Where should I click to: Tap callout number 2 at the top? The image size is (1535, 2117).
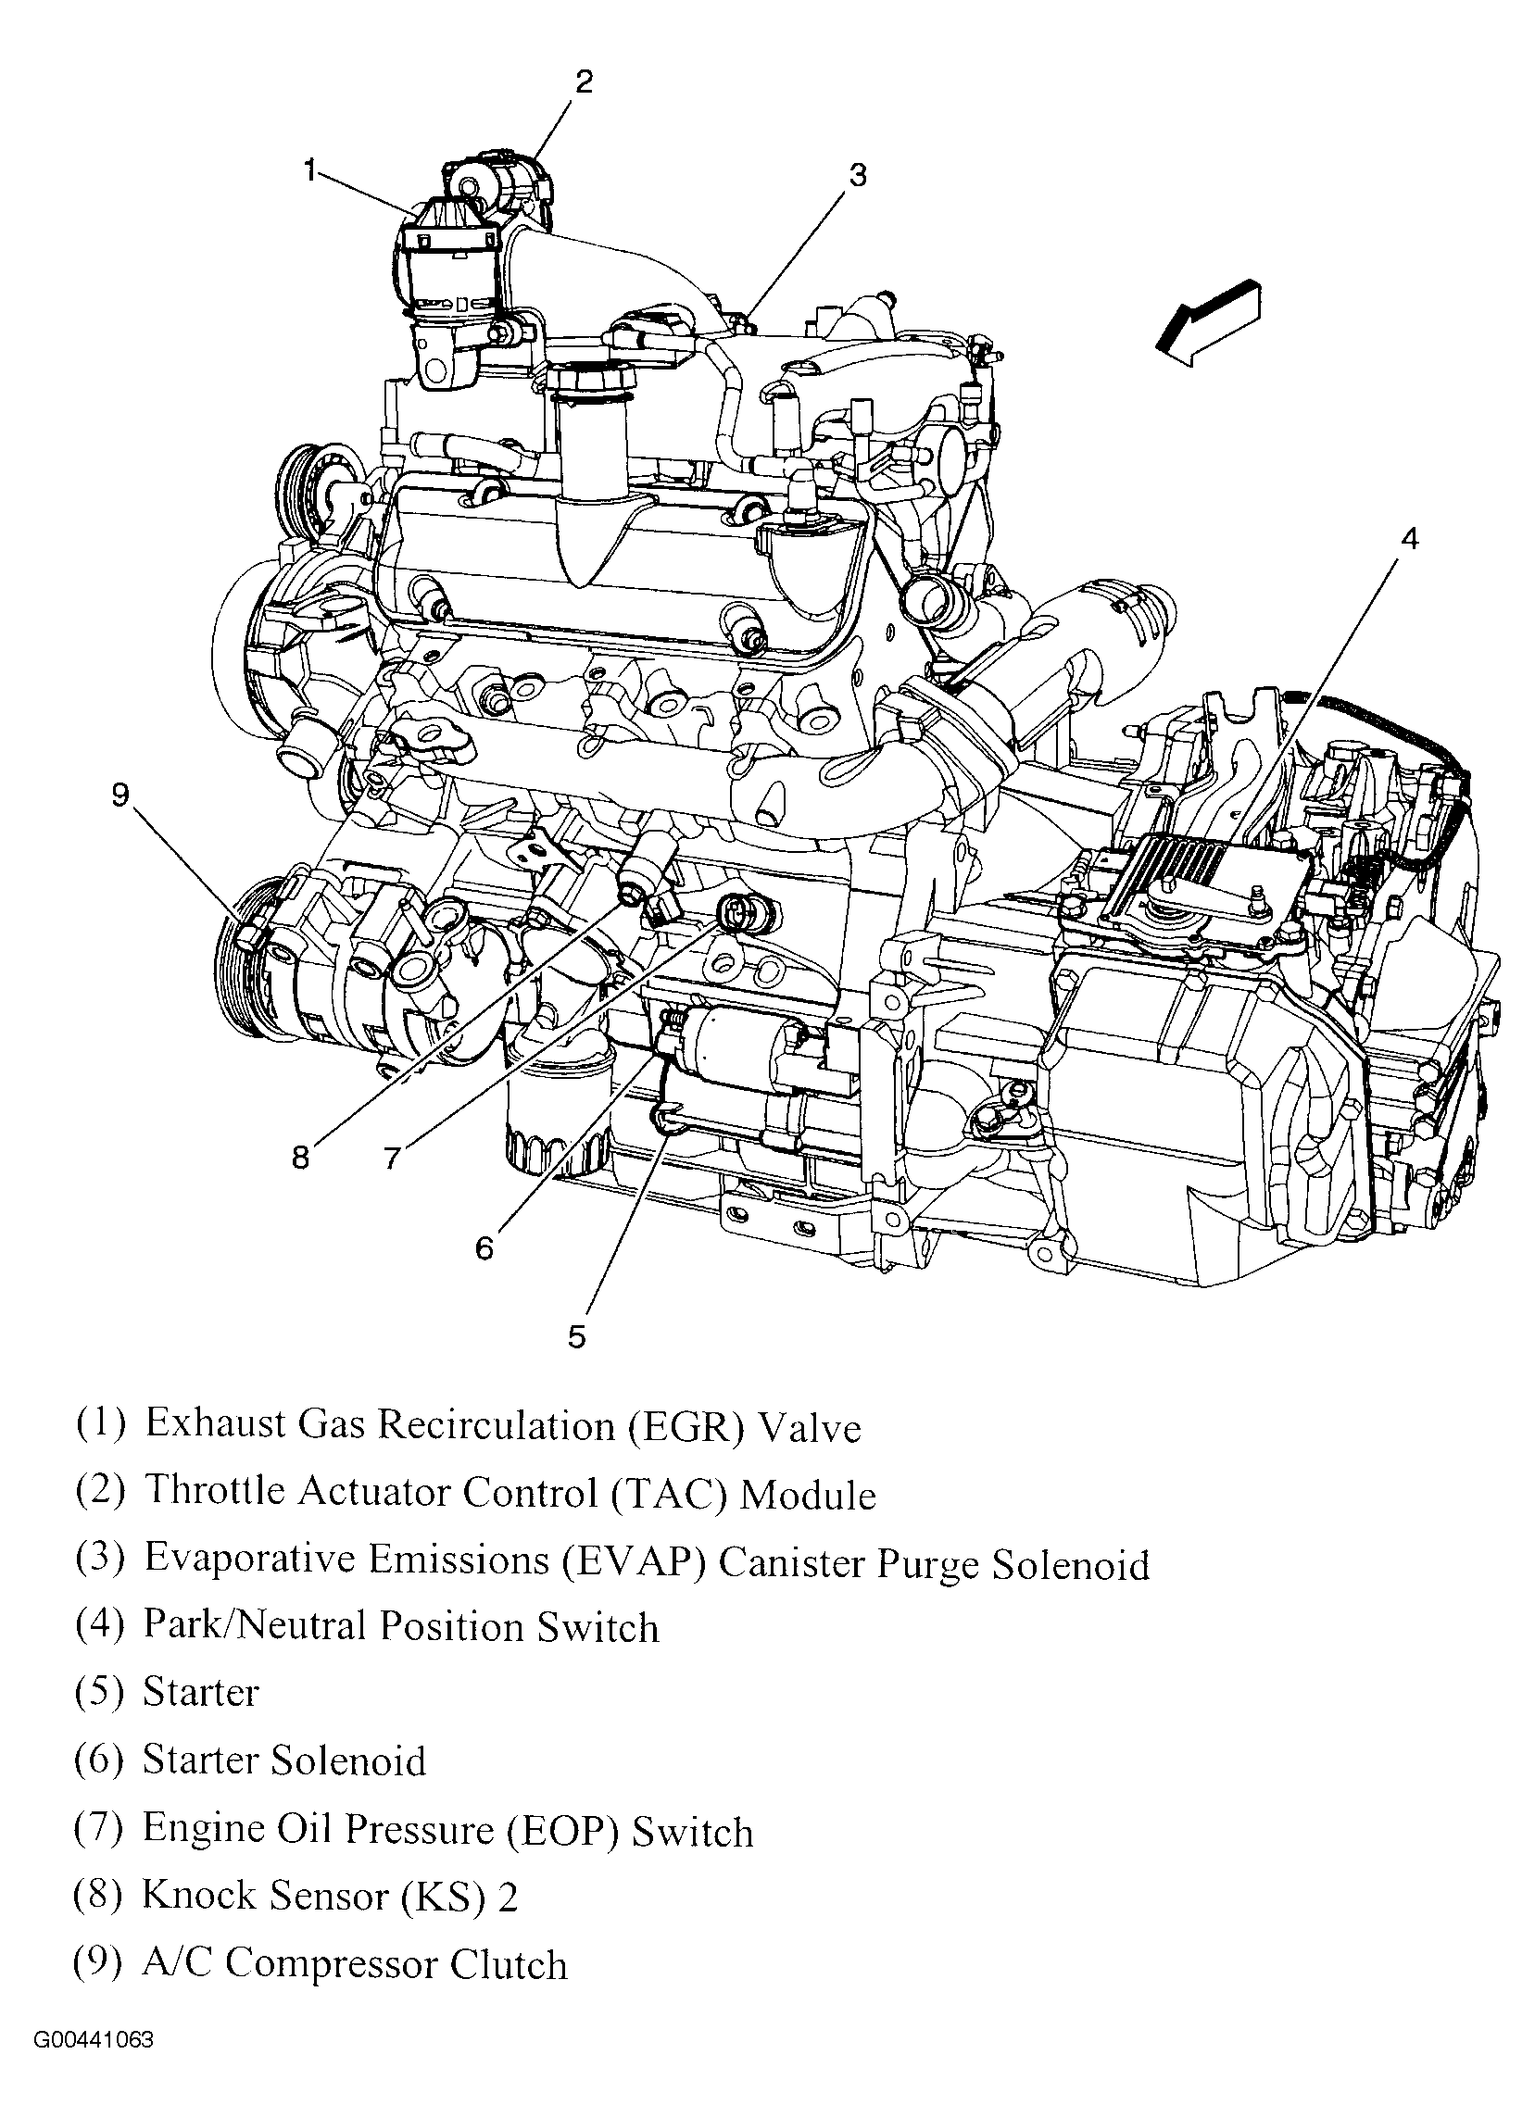point(584,82)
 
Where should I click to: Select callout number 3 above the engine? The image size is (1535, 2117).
point(857,174)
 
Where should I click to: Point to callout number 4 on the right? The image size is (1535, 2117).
point(1410,539)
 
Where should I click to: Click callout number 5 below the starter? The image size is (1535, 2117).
point(576,1336)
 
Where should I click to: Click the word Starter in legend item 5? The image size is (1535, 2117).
point(200,1692)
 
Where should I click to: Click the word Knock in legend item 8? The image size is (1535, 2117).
point(197,1896)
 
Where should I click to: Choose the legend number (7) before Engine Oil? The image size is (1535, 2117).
point(98,1828)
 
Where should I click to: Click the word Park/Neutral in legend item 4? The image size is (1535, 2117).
point(254,1626)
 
